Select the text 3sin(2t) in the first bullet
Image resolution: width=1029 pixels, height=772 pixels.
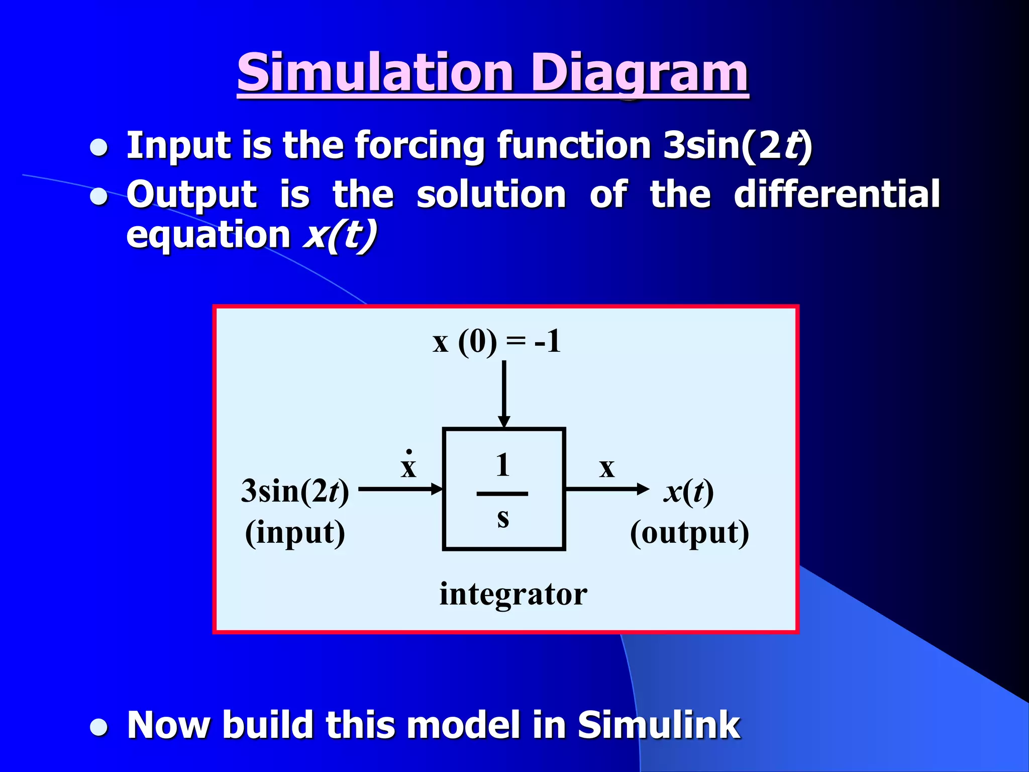(x=737, y=146)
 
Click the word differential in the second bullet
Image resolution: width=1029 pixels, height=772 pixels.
(x=836, y=195)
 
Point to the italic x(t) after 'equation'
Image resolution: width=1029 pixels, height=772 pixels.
(x=340, y=235)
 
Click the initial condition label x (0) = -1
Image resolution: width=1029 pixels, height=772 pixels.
(x=496, y=342)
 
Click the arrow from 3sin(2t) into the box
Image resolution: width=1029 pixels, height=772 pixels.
(x=400, y=489)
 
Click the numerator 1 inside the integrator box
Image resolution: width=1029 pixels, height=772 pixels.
(x=502, y=465)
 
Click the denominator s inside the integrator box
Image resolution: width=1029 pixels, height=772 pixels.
(x=502, y=517)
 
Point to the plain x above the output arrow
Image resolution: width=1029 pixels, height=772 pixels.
(x=606, y=468)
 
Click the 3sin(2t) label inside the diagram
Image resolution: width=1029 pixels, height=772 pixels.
(x=295, y=491)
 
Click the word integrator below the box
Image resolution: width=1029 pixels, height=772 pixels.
(x=513, y=594)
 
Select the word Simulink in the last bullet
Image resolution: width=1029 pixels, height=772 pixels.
(x=658, y=725)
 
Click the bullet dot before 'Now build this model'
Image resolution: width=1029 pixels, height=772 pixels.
(x=99, y=727)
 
